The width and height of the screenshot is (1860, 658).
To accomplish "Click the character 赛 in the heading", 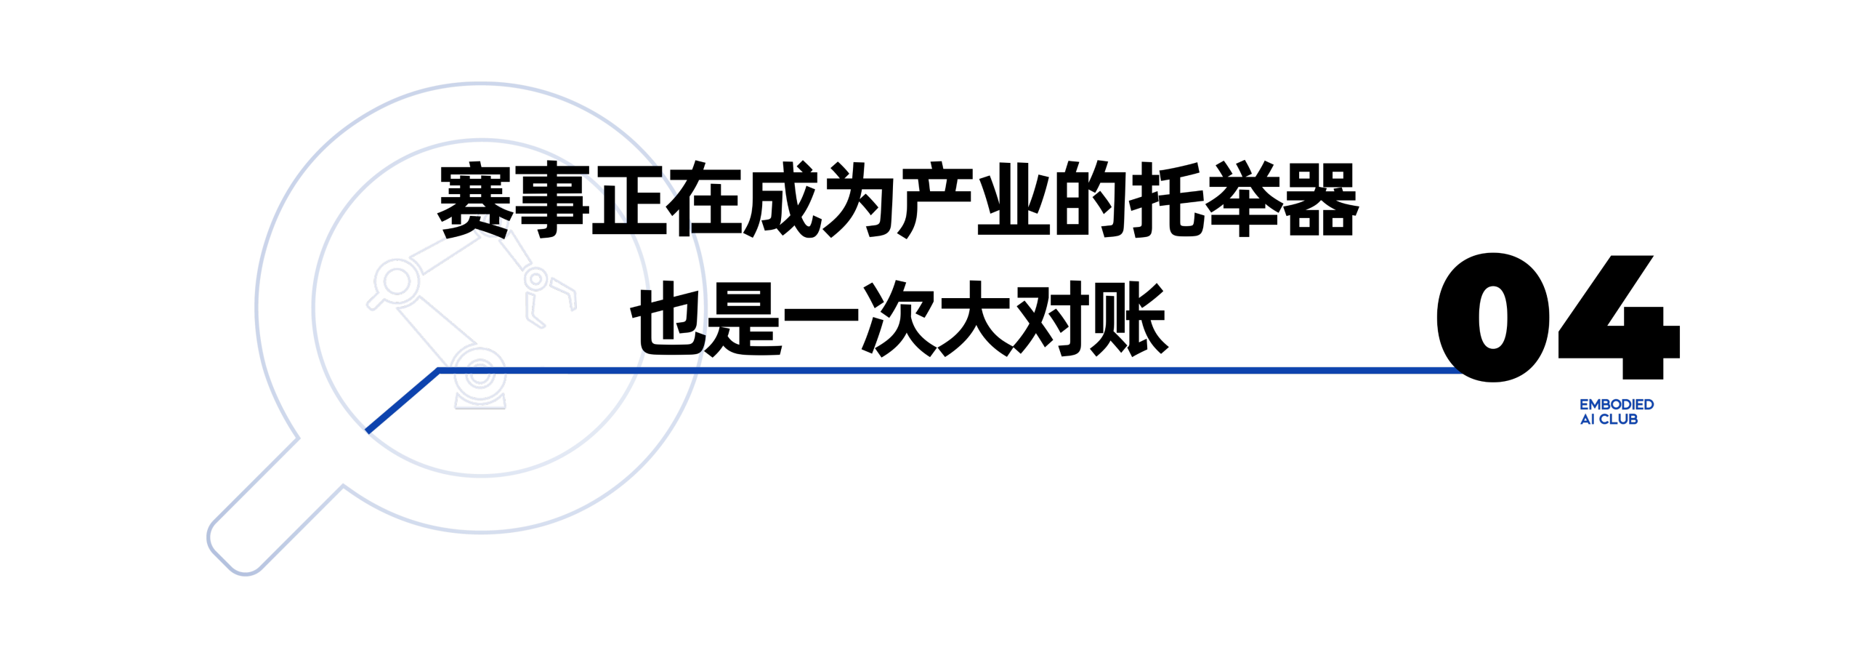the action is (x=475, y=199).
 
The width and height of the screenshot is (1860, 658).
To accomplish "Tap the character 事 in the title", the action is (x=552, y=199).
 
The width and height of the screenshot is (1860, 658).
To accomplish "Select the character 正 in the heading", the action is (x=629, y=199).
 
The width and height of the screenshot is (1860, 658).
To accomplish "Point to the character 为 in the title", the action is (x=860, y=199).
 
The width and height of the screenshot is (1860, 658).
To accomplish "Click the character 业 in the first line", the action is (x=1014, y=199).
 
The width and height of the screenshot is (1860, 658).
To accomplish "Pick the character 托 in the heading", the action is (x=1167, y=199).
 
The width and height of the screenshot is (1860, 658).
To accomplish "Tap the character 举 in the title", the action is (x=1244, y=199).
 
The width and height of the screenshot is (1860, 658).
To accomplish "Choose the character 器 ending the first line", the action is (x=1321, y=199).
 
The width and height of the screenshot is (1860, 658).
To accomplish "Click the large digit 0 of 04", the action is (x=1492, y=317).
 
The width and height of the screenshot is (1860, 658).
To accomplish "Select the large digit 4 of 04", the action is (x=1619, y=317).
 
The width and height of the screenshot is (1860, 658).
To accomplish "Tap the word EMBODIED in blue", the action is (x=1617, y=404).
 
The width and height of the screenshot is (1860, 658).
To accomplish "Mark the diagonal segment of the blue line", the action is (x=403, y=401).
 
